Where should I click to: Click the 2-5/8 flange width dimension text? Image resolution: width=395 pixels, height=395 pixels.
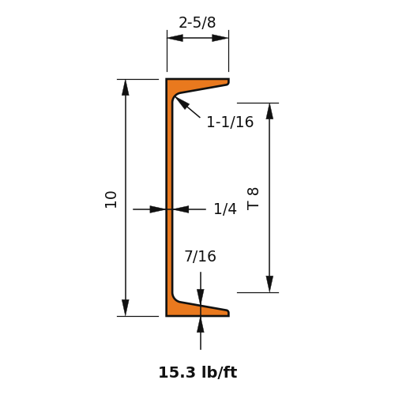(197, 23)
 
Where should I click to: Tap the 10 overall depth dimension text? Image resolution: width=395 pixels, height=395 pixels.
(111, 200)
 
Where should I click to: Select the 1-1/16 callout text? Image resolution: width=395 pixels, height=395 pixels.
(230, 122)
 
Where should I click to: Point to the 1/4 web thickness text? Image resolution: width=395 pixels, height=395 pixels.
(225, 209)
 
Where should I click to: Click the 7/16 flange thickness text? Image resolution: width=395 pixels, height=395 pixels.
(201, 257)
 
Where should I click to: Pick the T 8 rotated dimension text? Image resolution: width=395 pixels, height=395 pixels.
(253, 198)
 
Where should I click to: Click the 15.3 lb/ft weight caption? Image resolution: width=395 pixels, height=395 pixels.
(197, 373)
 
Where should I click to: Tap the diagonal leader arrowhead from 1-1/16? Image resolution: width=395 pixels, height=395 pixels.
(182, 103)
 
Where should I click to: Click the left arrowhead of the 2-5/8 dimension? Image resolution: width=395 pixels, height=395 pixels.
(175, 38)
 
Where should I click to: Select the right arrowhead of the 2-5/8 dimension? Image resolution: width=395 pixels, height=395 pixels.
(220, 38)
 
